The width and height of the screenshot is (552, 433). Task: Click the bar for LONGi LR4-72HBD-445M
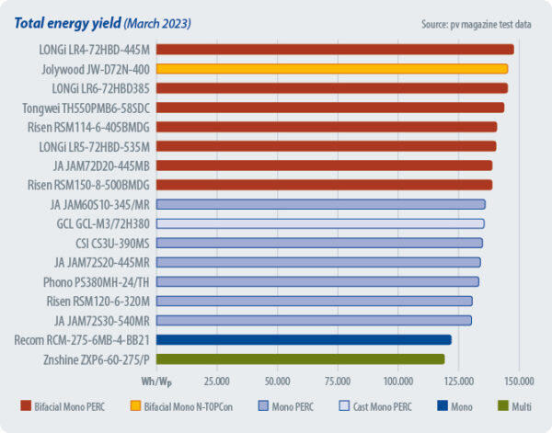[335, 50]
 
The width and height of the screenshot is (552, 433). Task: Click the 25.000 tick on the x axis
[216, 380]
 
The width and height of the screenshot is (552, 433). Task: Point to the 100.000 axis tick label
[398, 380]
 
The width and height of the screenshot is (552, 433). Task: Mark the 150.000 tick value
[519, 380]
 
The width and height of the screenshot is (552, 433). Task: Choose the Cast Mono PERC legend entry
[389, 405]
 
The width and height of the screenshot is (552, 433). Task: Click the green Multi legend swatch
[501, 405]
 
